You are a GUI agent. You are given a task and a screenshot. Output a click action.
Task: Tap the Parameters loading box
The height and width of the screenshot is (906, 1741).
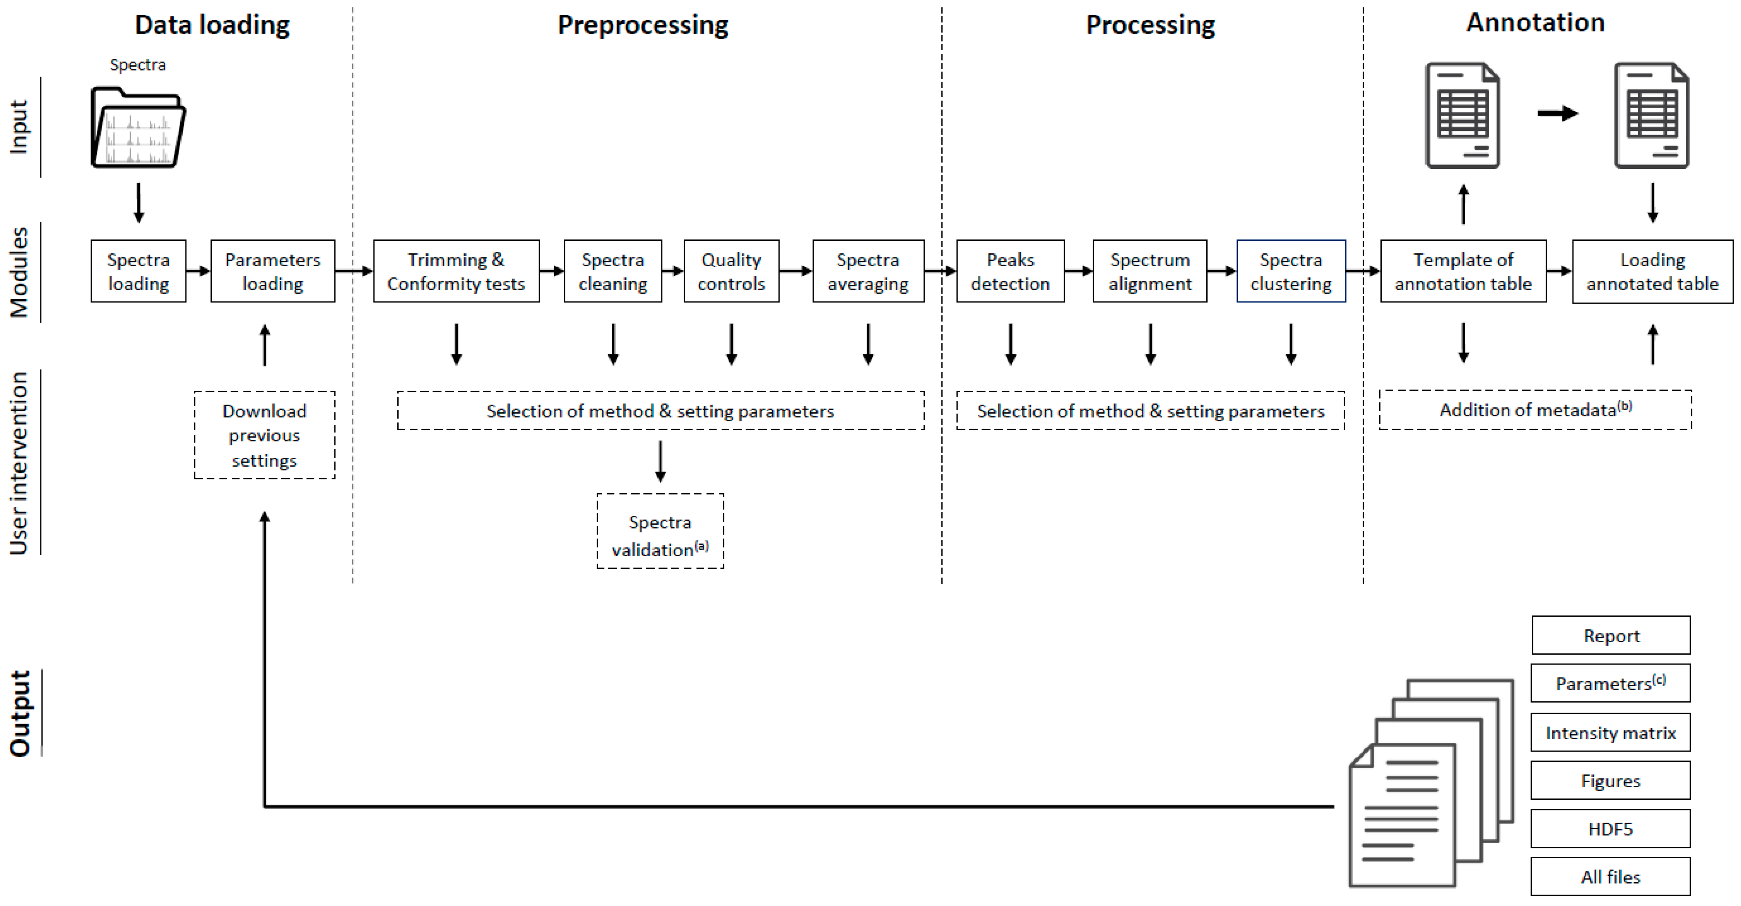point(272,271)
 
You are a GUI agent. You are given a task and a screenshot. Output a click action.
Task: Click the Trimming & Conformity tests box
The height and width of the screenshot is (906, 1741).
point(456,271)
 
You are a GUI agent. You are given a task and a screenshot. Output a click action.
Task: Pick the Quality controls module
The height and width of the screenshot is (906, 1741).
point(731,271)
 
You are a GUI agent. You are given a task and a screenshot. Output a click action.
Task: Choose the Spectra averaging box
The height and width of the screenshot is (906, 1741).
point(868,271)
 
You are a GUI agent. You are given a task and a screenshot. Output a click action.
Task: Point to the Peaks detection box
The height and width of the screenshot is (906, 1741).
point(1011,271)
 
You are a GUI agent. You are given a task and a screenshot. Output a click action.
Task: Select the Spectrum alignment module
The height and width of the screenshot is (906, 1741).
point(1149,271)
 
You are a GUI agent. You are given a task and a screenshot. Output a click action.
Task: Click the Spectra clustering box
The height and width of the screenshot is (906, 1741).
point(1291,271)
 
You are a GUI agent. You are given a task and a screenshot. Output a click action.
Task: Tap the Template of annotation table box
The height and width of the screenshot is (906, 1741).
point(1463,271)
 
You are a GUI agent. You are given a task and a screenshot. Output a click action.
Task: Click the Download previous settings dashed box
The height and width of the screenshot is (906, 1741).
point(264,435)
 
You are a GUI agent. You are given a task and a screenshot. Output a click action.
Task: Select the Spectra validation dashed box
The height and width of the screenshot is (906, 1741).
point(660,531)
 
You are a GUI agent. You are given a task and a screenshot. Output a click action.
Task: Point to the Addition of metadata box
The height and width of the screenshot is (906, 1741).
point(1535,409)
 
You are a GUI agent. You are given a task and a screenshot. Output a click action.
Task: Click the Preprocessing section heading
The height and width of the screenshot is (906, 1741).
point(643,25)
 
